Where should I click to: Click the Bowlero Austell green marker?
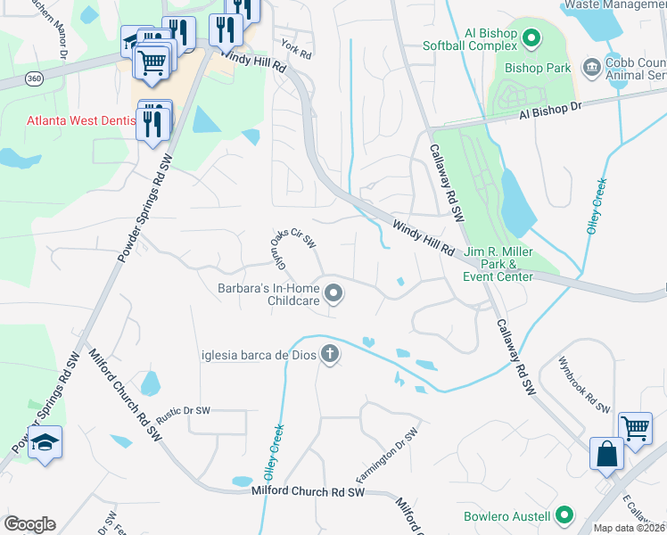coord(564,515)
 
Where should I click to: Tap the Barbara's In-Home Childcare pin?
coord(334,292)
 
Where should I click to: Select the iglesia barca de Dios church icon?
coord(330,354)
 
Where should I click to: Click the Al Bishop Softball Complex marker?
coord(531,37)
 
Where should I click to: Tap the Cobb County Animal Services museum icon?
coord(590,67)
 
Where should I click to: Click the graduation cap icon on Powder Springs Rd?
coord(44,442)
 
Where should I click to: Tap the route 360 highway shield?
coord(33,78)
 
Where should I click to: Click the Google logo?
coord(29,524)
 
